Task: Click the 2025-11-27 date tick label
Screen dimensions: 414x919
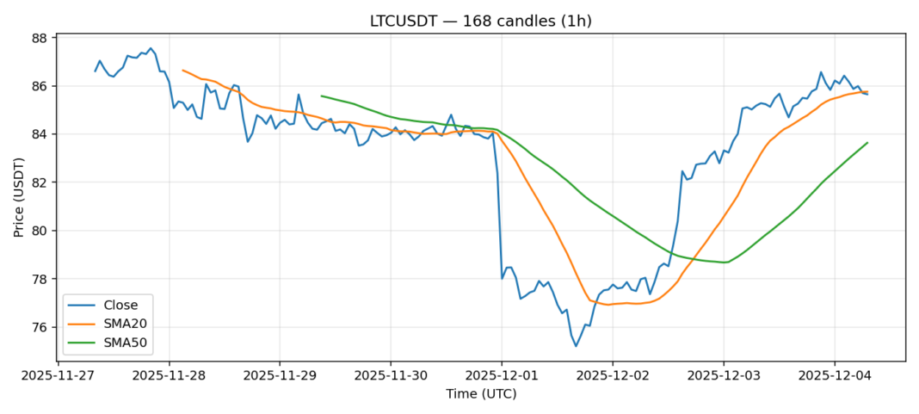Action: tap(58, 376)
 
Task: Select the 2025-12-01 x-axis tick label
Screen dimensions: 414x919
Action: tap(502, 376)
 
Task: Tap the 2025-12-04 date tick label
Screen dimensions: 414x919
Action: tap(835, 376)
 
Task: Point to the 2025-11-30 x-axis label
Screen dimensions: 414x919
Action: tap(391, 376)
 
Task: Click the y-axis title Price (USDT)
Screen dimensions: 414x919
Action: tap(18, 197)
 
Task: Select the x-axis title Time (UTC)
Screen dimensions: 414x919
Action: tap(480, 394)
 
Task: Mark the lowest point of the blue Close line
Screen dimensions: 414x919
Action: tap(576, 346)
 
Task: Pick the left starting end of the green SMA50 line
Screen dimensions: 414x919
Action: tap(321, 96)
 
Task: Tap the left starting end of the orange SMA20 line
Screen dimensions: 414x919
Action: tap(182, 70)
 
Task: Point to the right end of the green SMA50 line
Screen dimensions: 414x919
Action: tap(867, 143)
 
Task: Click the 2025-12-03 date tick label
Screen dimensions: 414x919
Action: tap(724, 376)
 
